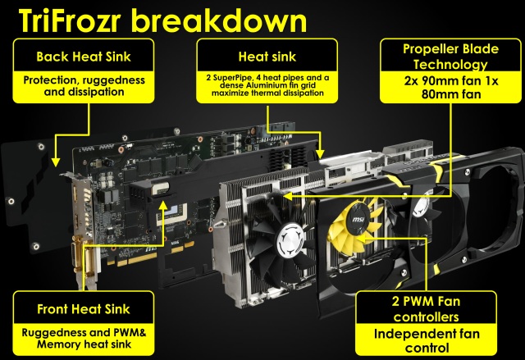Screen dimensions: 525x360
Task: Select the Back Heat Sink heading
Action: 84,57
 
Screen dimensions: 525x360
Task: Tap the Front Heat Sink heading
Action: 84,309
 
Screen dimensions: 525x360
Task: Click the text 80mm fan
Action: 451,94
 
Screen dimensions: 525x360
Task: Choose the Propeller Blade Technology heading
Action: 450,57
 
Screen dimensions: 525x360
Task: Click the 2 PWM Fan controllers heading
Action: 426,309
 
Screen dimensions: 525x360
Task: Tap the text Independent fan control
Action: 427,340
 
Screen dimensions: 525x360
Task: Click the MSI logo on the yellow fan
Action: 358,220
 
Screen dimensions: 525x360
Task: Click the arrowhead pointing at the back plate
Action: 56,162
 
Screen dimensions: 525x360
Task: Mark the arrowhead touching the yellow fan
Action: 363,239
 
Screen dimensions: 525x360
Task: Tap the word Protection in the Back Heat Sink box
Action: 50,80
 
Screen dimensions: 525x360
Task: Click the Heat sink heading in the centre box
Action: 267,57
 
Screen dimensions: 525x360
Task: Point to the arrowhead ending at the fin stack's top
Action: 321,154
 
